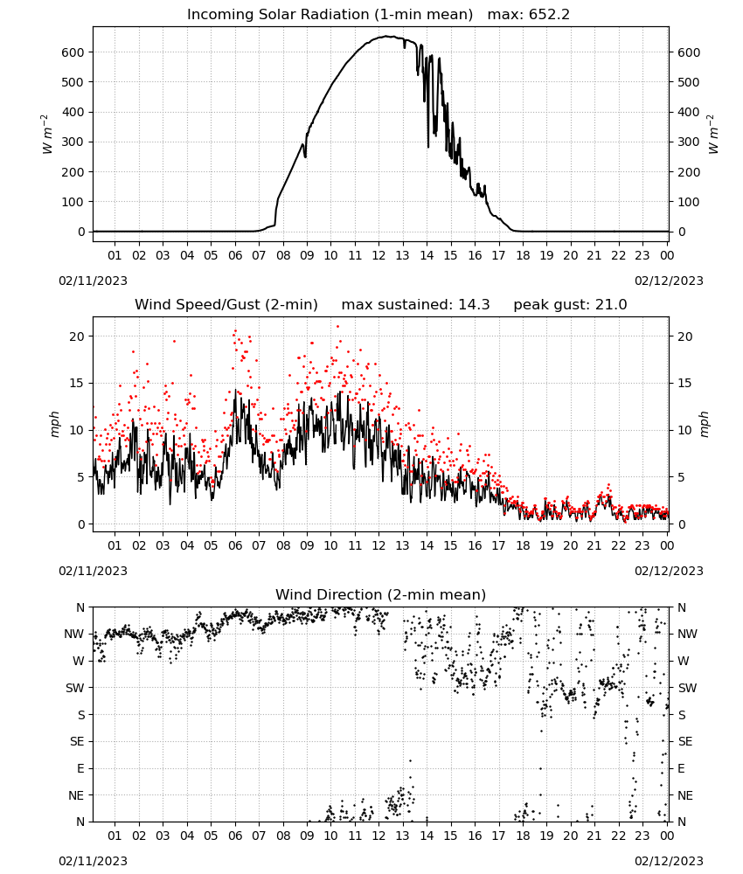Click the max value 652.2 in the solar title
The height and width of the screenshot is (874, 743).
point(549,15)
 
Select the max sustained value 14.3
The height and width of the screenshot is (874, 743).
point(474,305)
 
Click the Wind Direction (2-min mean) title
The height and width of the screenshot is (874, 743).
point(381,594)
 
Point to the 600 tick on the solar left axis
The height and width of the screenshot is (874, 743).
point(73,52)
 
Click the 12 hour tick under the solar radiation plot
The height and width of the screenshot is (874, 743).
point(378,255)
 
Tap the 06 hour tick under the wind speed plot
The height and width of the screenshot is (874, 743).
point(235,545)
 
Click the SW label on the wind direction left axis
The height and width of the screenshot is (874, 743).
point(75,688)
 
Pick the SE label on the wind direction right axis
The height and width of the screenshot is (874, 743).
point(685,741)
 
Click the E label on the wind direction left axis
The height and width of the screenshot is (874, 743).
point(80,768)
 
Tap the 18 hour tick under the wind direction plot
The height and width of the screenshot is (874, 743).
point(522,836)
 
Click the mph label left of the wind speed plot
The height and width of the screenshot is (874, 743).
point(54,424)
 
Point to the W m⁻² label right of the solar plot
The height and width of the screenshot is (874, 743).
point(713,135)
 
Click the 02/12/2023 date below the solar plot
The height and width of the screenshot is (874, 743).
point(669,281)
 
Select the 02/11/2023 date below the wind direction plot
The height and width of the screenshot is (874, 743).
point(93,861)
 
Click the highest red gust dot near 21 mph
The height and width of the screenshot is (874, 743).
point(337,327)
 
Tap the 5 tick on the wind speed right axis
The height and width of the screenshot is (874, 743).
point(681,477)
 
